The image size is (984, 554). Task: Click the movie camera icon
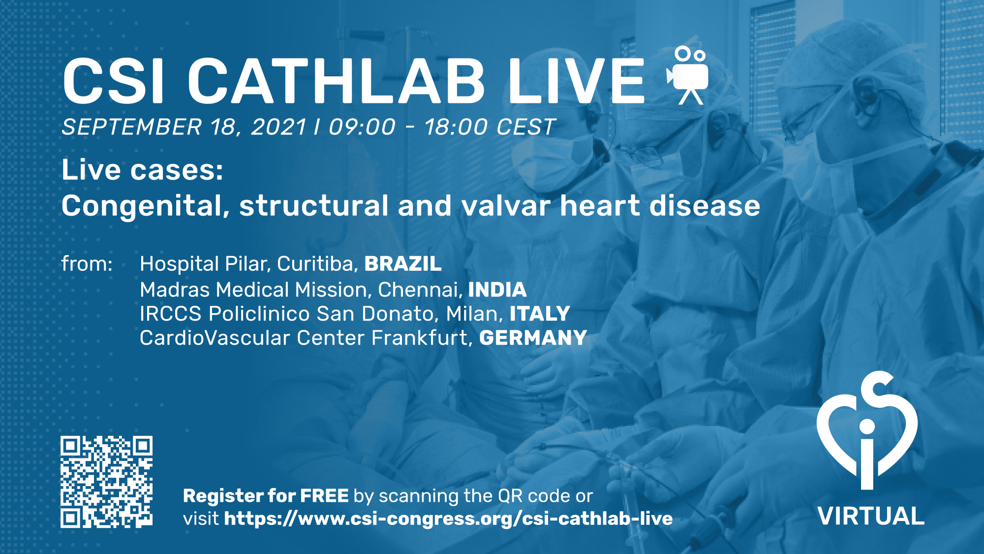click(x=688, y=75)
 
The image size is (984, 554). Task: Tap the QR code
click(x=106, y=482)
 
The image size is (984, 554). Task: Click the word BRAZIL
click(x=403, y=264)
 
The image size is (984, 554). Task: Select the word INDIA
click(x=497, y=290)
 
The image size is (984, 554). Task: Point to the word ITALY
click(x=540, y=314)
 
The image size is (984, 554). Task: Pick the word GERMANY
click(x=533, y=338)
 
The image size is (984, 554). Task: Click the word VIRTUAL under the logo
click(x=871, y=516)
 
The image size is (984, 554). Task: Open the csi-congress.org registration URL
click(x=448, y=519)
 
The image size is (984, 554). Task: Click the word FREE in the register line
click(x=325, y=496)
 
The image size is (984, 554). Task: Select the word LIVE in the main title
click(x=576, y=80)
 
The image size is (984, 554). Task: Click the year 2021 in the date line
click(x=279, y=127)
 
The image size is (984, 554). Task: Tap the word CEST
click(x=526, y=127)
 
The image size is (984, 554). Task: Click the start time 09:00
click(x=362, y=127)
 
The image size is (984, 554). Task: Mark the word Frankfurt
click(x=422, y=338)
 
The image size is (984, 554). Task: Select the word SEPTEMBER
click(x=132, y=127)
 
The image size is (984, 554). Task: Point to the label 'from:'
click(x=87, y=264)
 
